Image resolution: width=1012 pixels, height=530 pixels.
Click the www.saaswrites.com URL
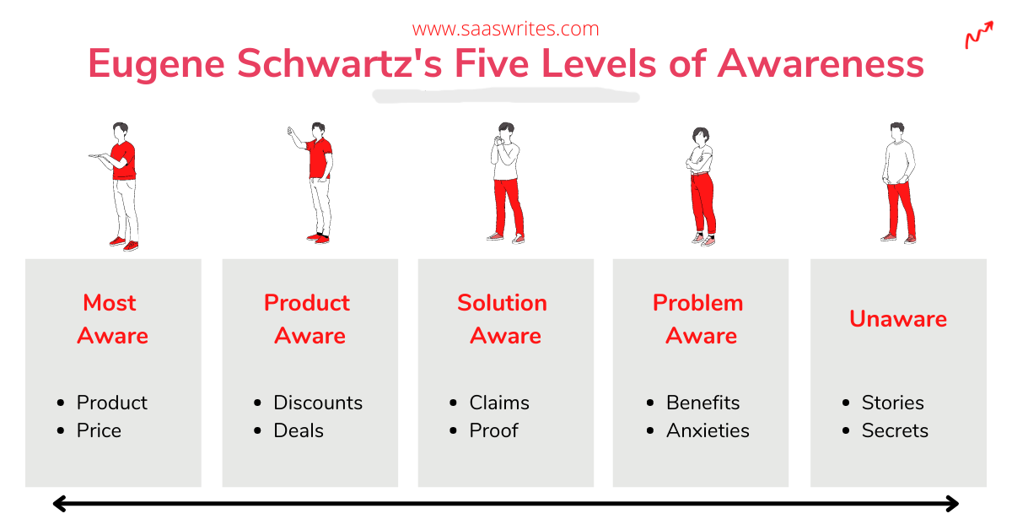point(505,29)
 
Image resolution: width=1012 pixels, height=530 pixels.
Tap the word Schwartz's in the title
point(339,63)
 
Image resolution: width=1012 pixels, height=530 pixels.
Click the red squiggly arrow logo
point(979,35)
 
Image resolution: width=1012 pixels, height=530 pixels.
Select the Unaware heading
point(898,318)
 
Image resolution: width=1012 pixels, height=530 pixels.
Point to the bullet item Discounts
point(318,403)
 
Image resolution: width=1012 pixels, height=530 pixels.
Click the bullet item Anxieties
point(708,430)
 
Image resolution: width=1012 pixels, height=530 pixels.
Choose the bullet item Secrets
point(895,430)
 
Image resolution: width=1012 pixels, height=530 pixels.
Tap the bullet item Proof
point(493,430)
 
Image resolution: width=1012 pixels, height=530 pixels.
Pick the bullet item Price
point(99,430)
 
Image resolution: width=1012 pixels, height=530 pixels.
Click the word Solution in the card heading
point(502,302)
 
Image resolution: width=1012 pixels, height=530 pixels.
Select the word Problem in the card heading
point(697,302)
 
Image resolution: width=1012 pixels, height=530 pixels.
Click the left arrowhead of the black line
point(59,503)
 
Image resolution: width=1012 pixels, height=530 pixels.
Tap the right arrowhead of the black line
point(953,503)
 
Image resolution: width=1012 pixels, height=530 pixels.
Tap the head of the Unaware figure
point(897,131)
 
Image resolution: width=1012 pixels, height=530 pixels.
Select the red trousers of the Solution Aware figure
point(509,207)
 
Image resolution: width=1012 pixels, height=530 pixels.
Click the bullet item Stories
point(892,403)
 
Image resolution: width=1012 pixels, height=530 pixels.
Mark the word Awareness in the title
point(821,63)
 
